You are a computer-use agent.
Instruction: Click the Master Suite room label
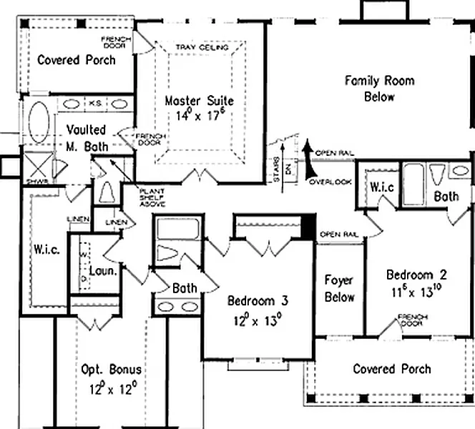(x=199, y=101)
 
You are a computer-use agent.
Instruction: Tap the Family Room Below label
(x=379, y=88)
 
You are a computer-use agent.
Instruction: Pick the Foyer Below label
(x=340, y=288)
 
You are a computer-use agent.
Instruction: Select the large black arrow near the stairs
(x=308, y=159)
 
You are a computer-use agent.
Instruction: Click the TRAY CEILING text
(x=201, y=48)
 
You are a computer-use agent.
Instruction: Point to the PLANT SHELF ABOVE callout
(x=152, y=197)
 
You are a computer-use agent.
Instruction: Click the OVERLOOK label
(x=330, y=182)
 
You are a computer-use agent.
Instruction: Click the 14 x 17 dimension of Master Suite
(x=199, y=114)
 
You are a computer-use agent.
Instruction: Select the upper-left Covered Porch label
(x=77, y=59)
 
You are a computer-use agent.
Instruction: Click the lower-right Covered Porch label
(x=392, y=369)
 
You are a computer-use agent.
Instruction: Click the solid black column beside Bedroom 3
(x=308, y=228)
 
